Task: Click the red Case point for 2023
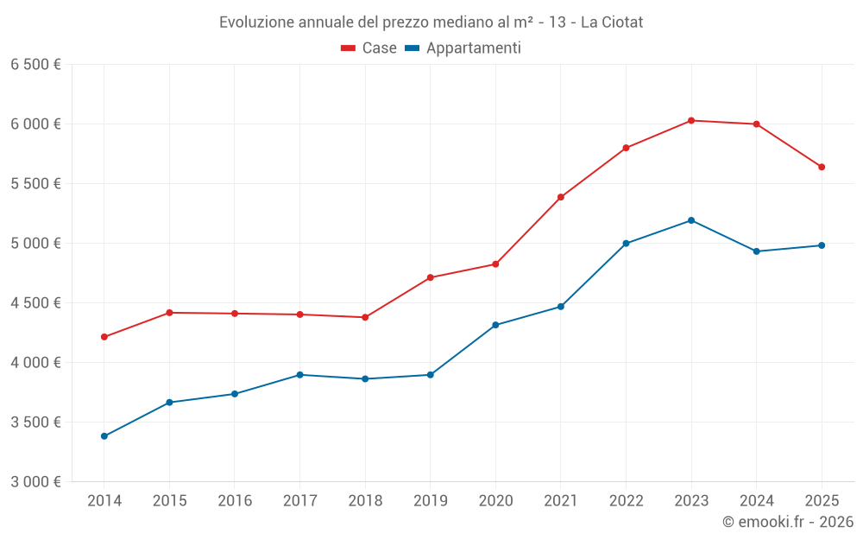click(691, 120)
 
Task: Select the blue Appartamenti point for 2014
click(104, 436)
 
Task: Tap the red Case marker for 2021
click(561, 197)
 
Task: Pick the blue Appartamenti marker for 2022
click(626, 244)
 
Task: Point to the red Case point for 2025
click(822, 167)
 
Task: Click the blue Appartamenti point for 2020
click(495, 325)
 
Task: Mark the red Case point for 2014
click(104, 337)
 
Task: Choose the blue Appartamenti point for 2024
click(757, 251)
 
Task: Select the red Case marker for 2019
click(431, 277)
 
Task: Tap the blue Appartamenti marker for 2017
click(299, 375)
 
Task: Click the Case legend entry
click(369, 48)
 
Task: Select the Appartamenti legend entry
click(463, 48)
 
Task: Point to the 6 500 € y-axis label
click(35, 65)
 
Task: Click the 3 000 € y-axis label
click(35, 482)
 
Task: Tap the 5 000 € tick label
click(35, 244)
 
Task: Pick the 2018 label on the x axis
click(365, 501)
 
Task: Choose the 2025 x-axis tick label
click(822, 501)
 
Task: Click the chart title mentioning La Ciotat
click(431, 22)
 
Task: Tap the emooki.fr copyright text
click(787, 522)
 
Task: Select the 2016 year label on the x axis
click(235, 501)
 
